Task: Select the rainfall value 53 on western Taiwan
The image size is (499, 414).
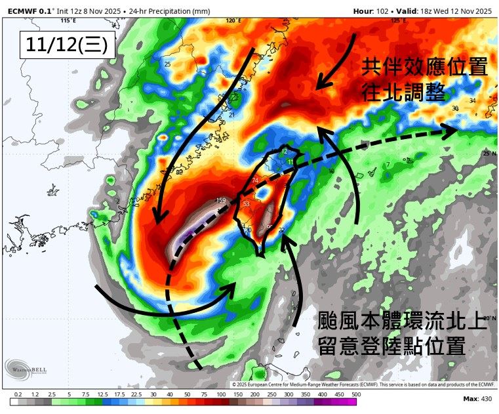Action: tap(247, 205)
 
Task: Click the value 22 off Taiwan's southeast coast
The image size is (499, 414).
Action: tap(281, 230)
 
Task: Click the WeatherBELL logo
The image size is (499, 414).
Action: tap(26, 370)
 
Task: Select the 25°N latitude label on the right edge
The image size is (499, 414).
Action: tap(488, 153)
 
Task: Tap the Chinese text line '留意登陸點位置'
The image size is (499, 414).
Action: tap(391, 344)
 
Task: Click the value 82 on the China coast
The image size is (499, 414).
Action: tap(179, 172)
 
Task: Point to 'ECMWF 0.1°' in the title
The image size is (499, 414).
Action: tap(29, 11)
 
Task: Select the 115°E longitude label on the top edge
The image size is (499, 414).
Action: tap(65, 21)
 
